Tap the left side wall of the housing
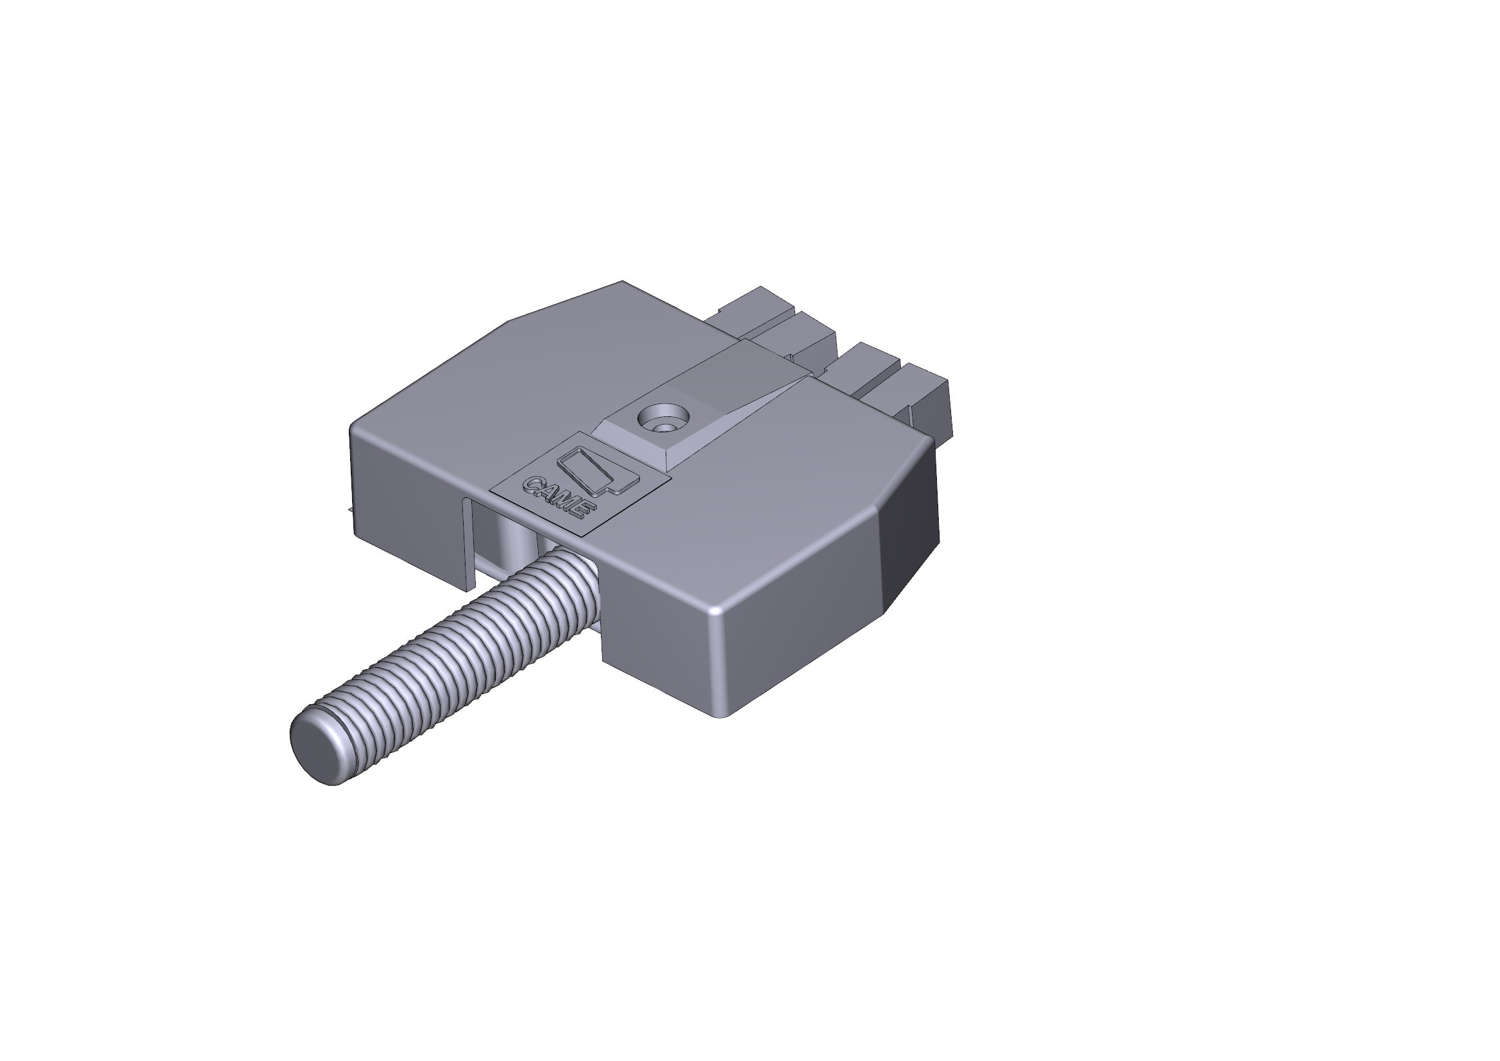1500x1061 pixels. point(405,497)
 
